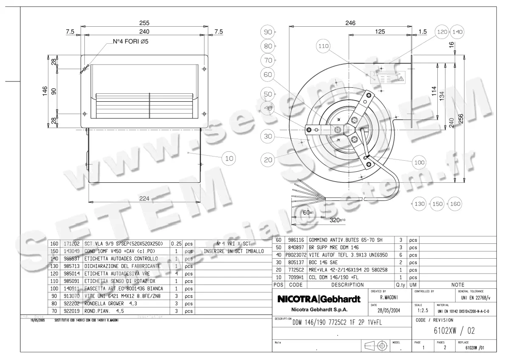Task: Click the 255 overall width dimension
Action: [144, 23]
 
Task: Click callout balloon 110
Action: [324, 47]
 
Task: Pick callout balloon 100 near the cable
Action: [420, 162]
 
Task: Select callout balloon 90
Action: [268, 32]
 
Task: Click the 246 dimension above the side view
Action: [350, 23]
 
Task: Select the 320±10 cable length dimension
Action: [338, 220]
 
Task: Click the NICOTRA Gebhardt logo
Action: [319, 299]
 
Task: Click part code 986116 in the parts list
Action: [296, 240]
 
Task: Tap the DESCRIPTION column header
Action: [347, 285]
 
